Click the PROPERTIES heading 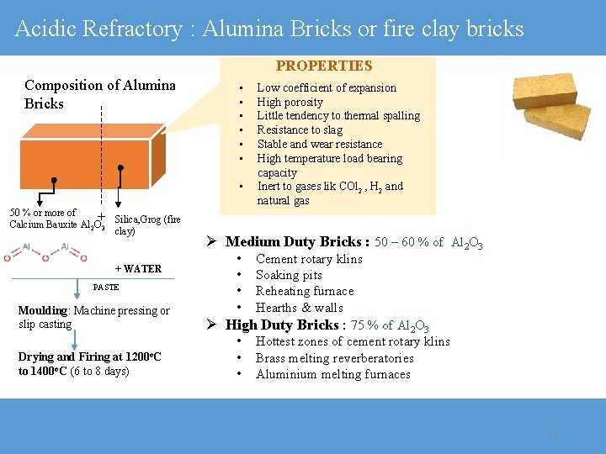click(324, 66)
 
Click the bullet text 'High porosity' click(290, 102)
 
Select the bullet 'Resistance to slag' click(300, 129)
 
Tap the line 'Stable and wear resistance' click(319, 144)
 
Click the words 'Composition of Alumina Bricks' click(99, 94)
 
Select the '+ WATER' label click(138, 269)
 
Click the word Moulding click(42, 311)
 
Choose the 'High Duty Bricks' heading click(282, 325)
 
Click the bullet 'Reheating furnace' click(305, 291)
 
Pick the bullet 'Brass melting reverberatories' click(334, 358)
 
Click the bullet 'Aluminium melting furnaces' click(332, 374)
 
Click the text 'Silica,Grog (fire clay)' click(146, 224)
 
